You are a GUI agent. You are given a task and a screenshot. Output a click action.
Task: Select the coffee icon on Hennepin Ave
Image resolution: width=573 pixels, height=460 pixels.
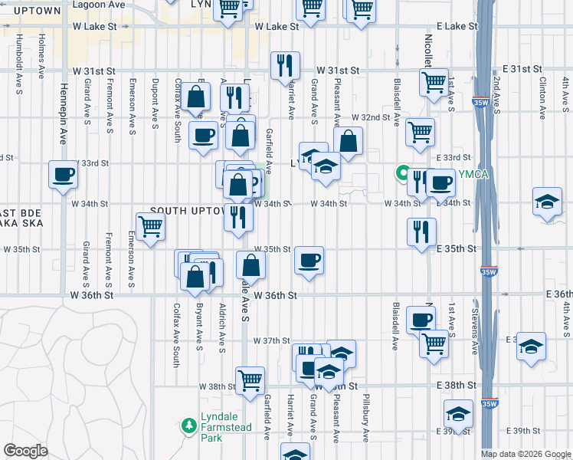click(63, 173)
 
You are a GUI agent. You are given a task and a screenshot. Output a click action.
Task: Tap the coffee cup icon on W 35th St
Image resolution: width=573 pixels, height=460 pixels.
click(309, 260)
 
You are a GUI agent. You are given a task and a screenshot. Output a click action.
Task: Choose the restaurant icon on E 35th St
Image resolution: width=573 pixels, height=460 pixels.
click(421, 231)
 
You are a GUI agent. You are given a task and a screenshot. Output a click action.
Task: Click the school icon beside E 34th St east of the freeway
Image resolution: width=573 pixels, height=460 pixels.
click(548, 202)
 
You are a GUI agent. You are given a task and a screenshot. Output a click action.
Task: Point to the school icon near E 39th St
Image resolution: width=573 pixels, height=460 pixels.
click(458, 415)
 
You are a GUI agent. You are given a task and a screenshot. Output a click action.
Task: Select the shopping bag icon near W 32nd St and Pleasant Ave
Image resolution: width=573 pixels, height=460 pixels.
click(349, 141)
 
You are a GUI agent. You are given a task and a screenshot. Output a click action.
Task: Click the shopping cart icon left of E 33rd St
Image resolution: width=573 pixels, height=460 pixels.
click(420, 132)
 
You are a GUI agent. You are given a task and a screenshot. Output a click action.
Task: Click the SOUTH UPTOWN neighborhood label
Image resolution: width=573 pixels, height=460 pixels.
click(187, 210)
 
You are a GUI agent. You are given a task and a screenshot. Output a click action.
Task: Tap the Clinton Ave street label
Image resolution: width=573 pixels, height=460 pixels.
click(542, 97)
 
